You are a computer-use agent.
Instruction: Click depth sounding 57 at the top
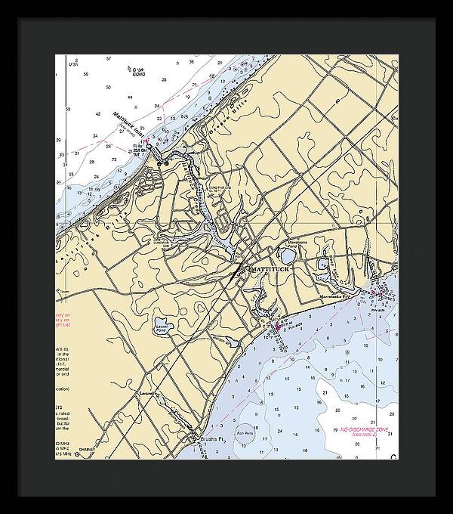tap(109, 58)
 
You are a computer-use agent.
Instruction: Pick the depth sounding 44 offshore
tap(130, 98)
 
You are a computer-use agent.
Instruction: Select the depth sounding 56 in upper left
tap(85, 74)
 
